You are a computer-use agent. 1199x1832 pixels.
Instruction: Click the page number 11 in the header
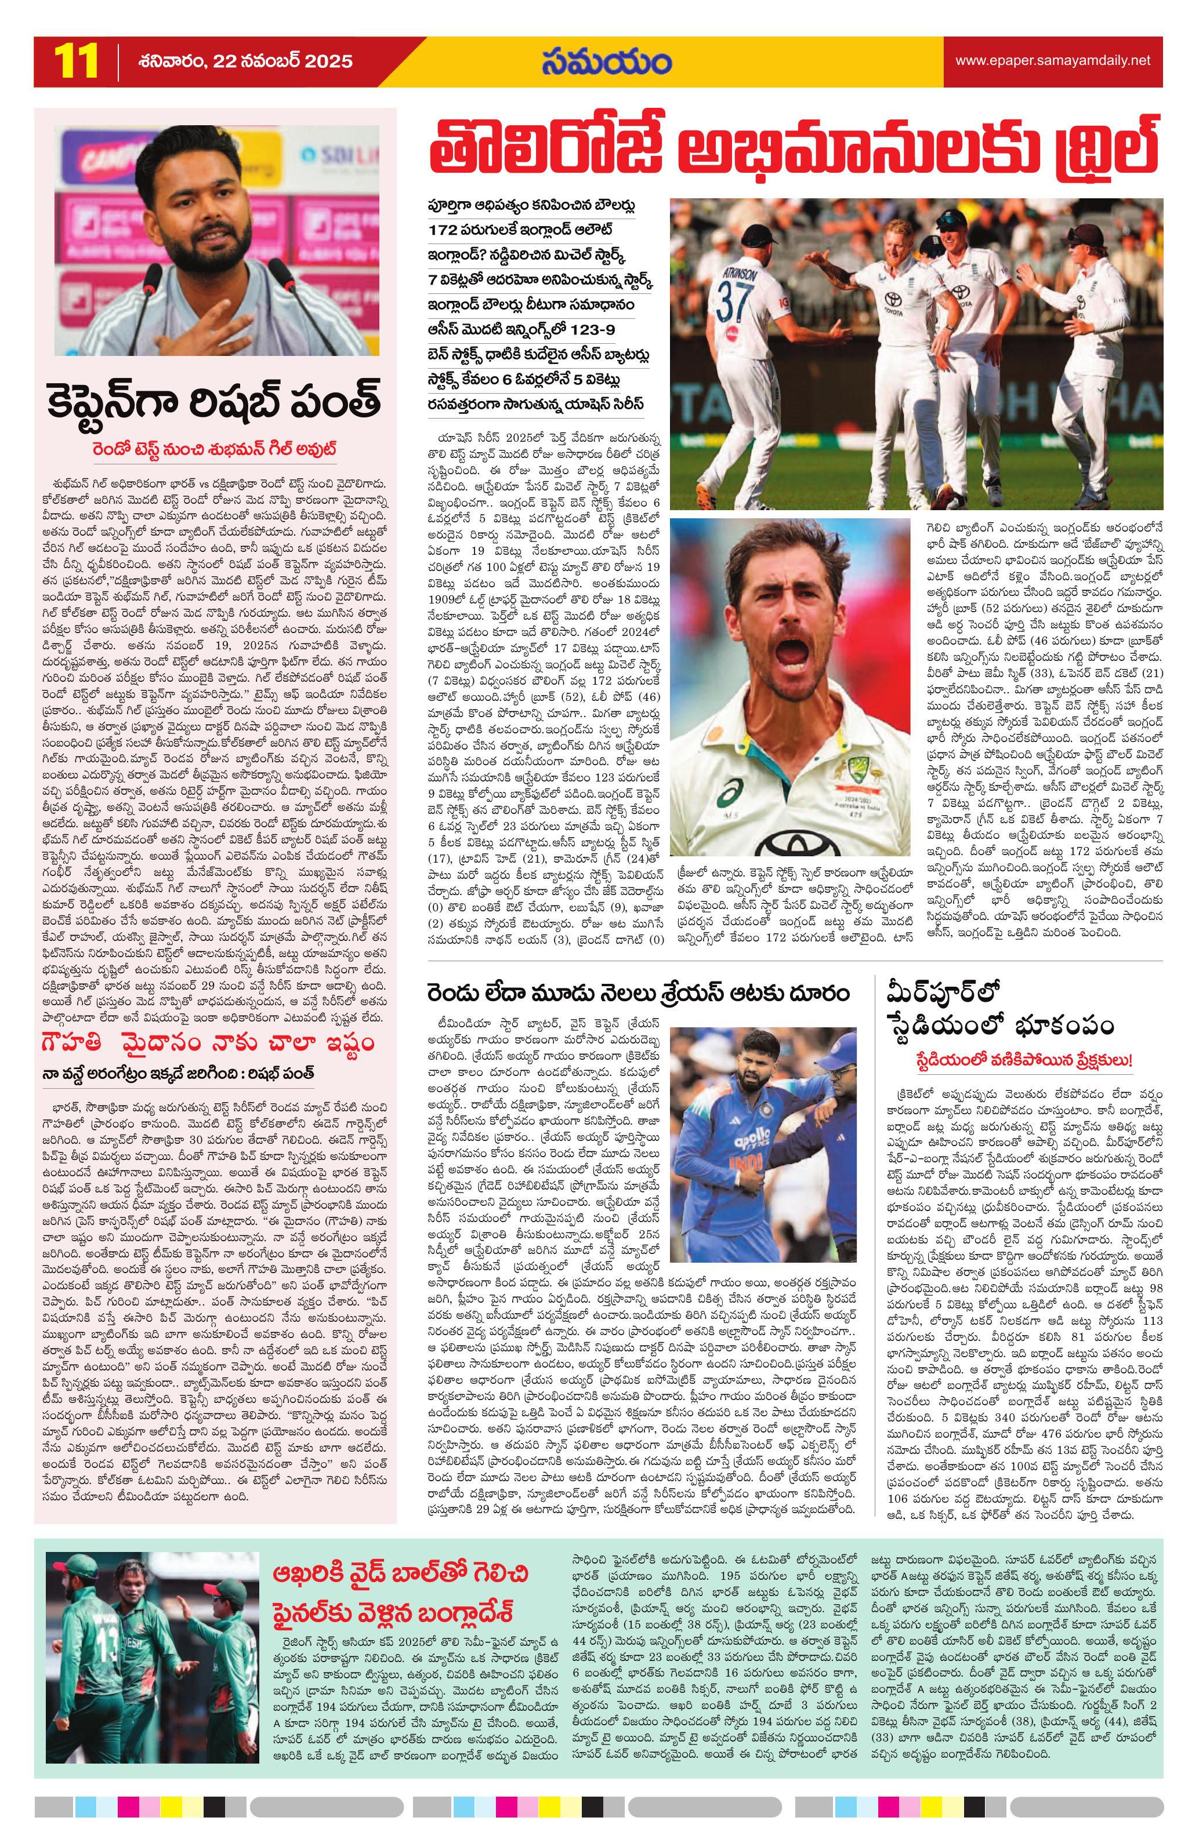pyautogui.click(x=75, y=61)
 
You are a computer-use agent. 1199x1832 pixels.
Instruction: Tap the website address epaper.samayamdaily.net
pyautogui.click(x=1053, y=61)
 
